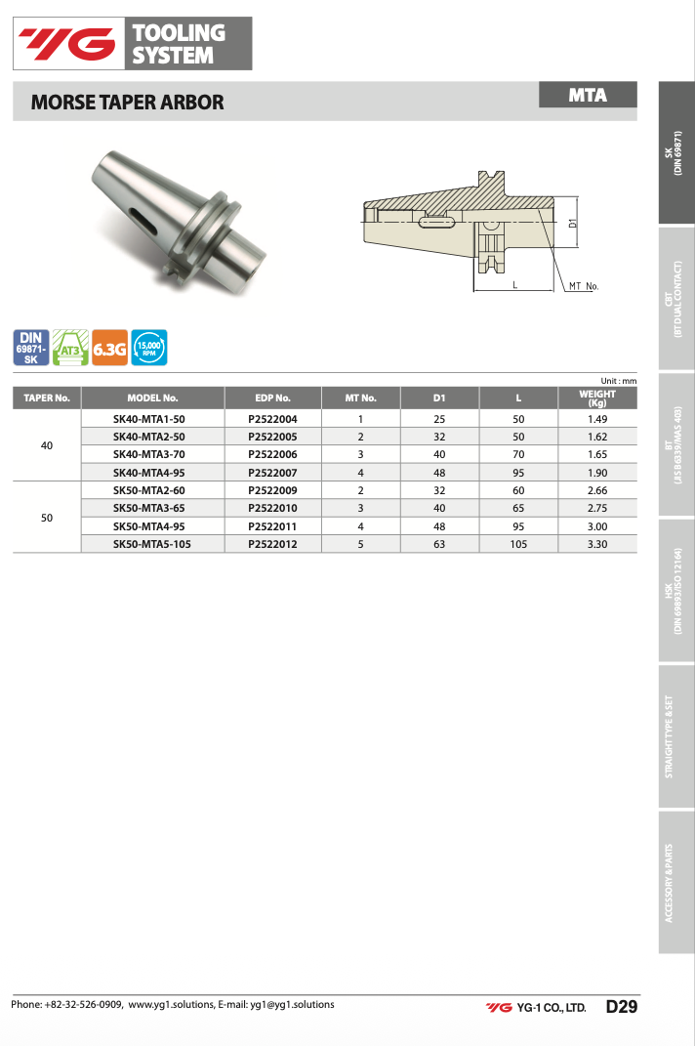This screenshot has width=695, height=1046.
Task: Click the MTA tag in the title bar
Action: [588, 95]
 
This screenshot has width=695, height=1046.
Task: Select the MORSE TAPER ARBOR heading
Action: [128, 103]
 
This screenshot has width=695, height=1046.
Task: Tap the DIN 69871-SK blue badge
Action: [30, 348]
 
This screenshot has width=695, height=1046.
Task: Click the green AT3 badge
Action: [70, 348]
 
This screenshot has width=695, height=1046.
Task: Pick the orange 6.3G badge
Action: [109, 348]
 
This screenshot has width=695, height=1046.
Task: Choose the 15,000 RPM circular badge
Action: [148, 348]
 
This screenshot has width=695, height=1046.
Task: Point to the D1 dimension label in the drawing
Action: [572, 224]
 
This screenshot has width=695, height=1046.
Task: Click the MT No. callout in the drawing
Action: [584, 286]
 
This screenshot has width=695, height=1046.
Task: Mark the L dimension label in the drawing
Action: [515, 285]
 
